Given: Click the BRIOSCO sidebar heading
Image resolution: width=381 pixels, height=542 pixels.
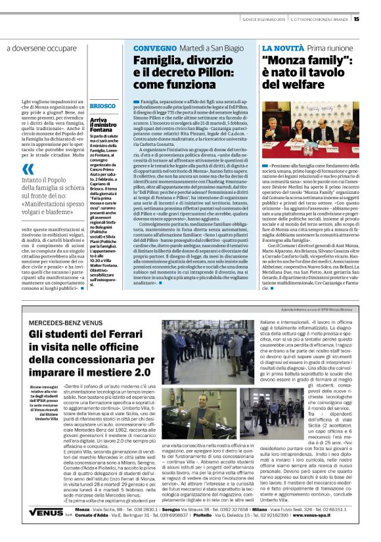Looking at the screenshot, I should pyautogui.click(x=102, y=106).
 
